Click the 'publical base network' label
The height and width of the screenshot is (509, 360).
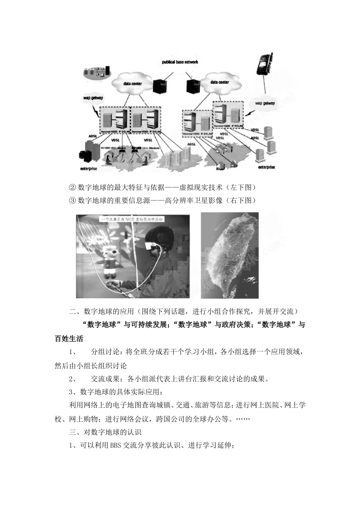click(x=180, y=62)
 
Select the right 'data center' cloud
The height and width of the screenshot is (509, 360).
click(x=219, y=82)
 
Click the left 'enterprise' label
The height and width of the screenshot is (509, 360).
click(x=88, y=168)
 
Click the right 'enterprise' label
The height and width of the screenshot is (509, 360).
click(x=266, y=167)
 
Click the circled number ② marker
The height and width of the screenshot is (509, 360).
click(x=73, y=188)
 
